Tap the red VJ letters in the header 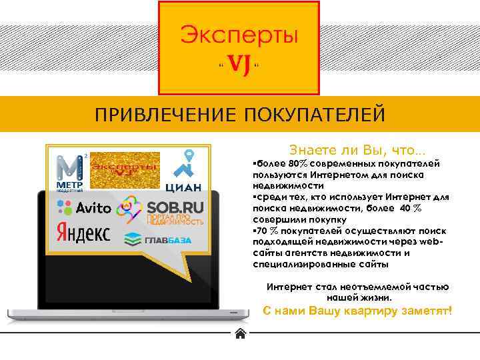239,65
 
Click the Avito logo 84,207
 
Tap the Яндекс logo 83,233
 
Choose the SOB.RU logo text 175,207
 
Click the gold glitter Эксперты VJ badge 125,170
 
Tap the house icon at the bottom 240,334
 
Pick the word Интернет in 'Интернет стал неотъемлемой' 289,287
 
